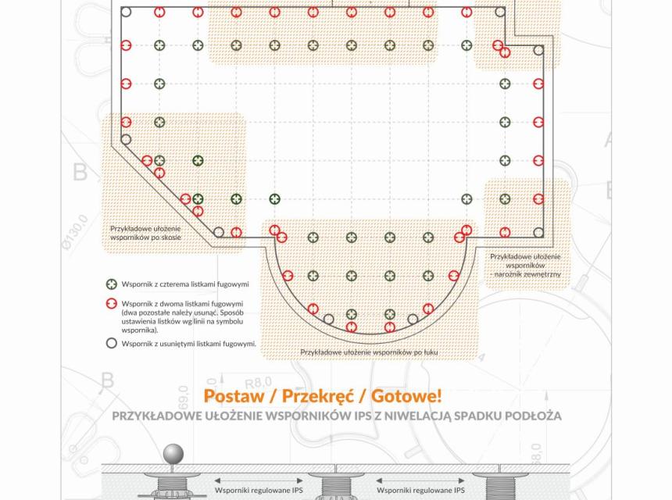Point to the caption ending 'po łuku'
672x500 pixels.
369,352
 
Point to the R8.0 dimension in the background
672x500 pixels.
254,382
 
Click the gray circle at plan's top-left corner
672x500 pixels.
126,12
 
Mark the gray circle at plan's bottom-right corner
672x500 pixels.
538,232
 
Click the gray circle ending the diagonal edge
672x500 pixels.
219,232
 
